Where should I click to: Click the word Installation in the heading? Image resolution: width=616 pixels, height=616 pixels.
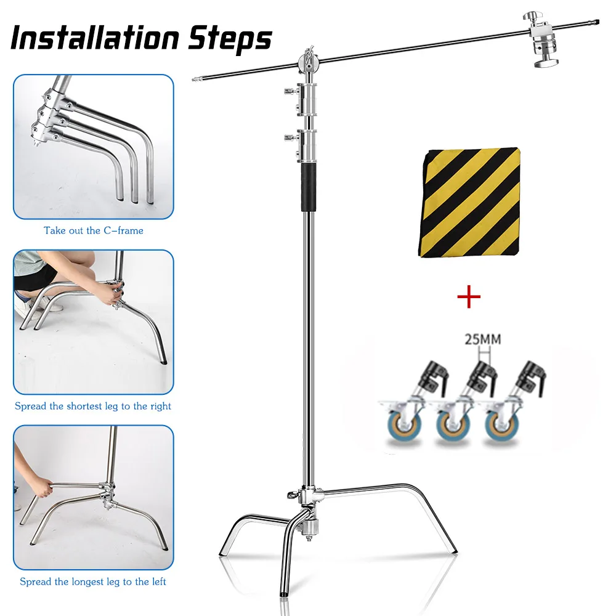89,38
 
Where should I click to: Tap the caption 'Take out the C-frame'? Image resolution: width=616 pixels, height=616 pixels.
93,231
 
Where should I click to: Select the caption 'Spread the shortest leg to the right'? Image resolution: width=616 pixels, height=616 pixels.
93,407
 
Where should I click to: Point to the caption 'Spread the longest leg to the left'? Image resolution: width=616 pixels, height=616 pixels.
93,582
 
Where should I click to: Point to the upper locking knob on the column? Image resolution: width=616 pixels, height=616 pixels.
288,92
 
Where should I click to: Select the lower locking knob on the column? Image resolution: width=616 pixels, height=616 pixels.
288,137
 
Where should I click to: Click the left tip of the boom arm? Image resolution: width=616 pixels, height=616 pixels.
193,79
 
